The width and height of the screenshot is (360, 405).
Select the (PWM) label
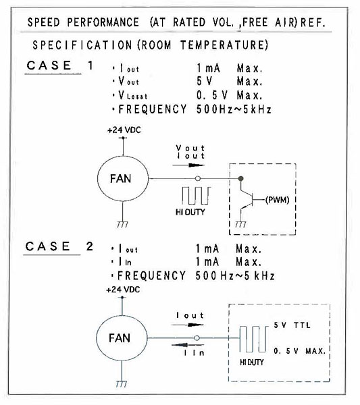coord(278,200)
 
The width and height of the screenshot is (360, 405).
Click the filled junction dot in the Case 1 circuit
coord(241,178)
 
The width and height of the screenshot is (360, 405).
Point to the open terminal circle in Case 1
coord(198,178)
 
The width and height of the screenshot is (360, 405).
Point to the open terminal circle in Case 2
coord(197,338)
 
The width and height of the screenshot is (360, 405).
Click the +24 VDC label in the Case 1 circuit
coord(124,130)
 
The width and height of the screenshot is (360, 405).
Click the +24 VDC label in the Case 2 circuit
coord(123,290)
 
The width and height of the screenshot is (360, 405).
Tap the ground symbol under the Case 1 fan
coord(122,225)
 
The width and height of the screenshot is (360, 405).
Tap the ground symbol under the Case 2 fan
coord(121,384)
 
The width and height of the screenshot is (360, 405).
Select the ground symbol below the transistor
coord(240,225)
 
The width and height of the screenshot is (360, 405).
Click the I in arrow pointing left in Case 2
coord(188,345)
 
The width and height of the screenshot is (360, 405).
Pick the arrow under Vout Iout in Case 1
coord(188,165)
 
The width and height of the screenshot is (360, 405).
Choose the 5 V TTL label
coord(292,325)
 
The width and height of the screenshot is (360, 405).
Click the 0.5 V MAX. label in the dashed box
coord(299,351)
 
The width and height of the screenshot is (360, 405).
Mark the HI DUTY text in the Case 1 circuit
coord(190,212)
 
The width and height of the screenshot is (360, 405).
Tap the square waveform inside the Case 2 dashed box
coord(253,339)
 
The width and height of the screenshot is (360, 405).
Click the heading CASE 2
coord(59,246)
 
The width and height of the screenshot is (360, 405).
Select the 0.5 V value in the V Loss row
coord(212,95)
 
